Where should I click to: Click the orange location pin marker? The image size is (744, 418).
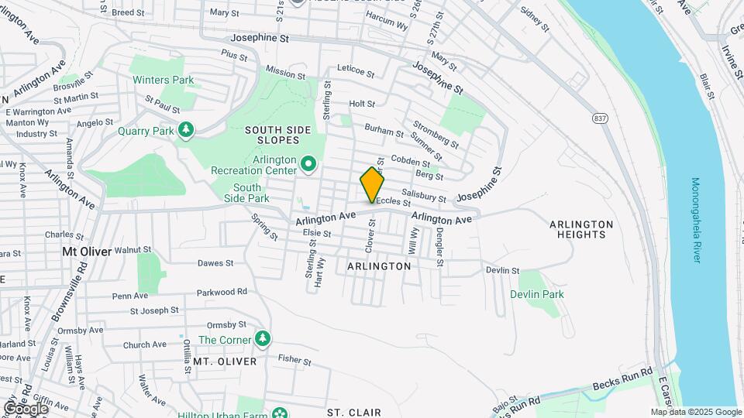click(x=373, y=185)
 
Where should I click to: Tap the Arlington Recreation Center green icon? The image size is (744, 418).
click(x=308, y=163)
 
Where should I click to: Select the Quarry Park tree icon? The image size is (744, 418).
click(x=185, y=131)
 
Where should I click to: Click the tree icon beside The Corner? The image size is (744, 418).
click(x=263, y=339)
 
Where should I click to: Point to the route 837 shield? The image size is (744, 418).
click(x=600, y=118)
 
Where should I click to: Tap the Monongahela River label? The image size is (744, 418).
click(x=695, y=221)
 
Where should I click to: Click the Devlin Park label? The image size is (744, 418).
click(x=536, y=294)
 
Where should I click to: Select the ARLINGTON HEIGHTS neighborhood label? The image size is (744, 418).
click(x=581, y=229)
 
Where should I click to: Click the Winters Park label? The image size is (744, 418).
click(x=163, y=80)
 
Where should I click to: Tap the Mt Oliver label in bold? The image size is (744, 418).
click(x=87, y=251)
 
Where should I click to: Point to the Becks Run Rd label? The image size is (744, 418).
click(x=623, y=379)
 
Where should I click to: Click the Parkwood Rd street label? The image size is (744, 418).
click(x=221, y=292)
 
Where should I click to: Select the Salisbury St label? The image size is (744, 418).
click(x=424, y=194)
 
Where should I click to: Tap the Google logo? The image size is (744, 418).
click(x=25, y=408)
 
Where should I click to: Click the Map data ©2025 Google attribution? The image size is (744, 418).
click(x=695, y=412)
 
